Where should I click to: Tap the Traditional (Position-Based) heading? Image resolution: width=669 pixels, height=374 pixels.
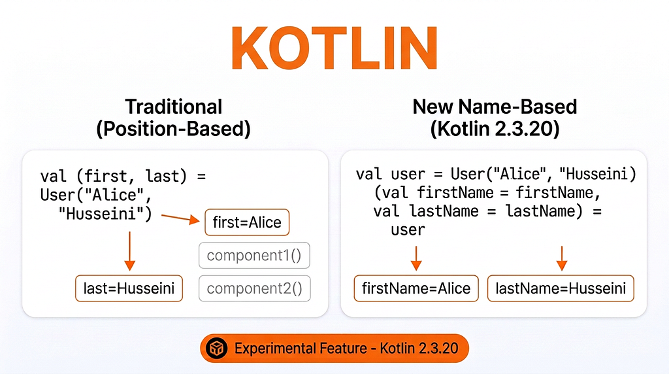click(x=174, y=117)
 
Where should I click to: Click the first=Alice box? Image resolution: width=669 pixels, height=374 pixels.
click(x=247, y=223)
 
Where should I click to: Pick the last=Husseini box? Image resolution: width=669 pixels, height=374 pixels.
click(x=129, y=288)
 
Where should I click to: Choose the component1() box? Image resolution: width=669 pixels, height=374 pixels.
click(x=254, y=255)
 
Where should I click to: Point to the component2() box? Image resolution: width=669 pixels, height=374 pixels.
click(x=254, y=288)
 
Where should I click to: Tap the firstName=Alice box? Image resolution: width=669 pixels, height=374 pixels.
click(x=416, y=288)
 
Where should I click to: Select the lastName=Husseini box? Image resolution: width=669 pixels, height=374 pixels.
click(x=561, y=288)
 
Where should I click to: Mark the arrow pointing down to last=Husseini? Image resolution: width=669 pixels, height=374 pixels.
click(x=129, y=250)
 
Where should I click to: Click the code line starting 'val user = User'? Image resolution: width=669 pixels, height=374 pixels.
click(x=496, y=175)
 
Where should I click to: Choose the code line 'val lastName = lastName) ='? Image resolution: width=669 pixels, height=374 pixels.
click(x=487, y=211)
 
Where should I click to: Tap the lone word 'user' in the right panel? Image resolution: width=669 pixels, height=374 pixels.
click(x=408, y=229)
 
